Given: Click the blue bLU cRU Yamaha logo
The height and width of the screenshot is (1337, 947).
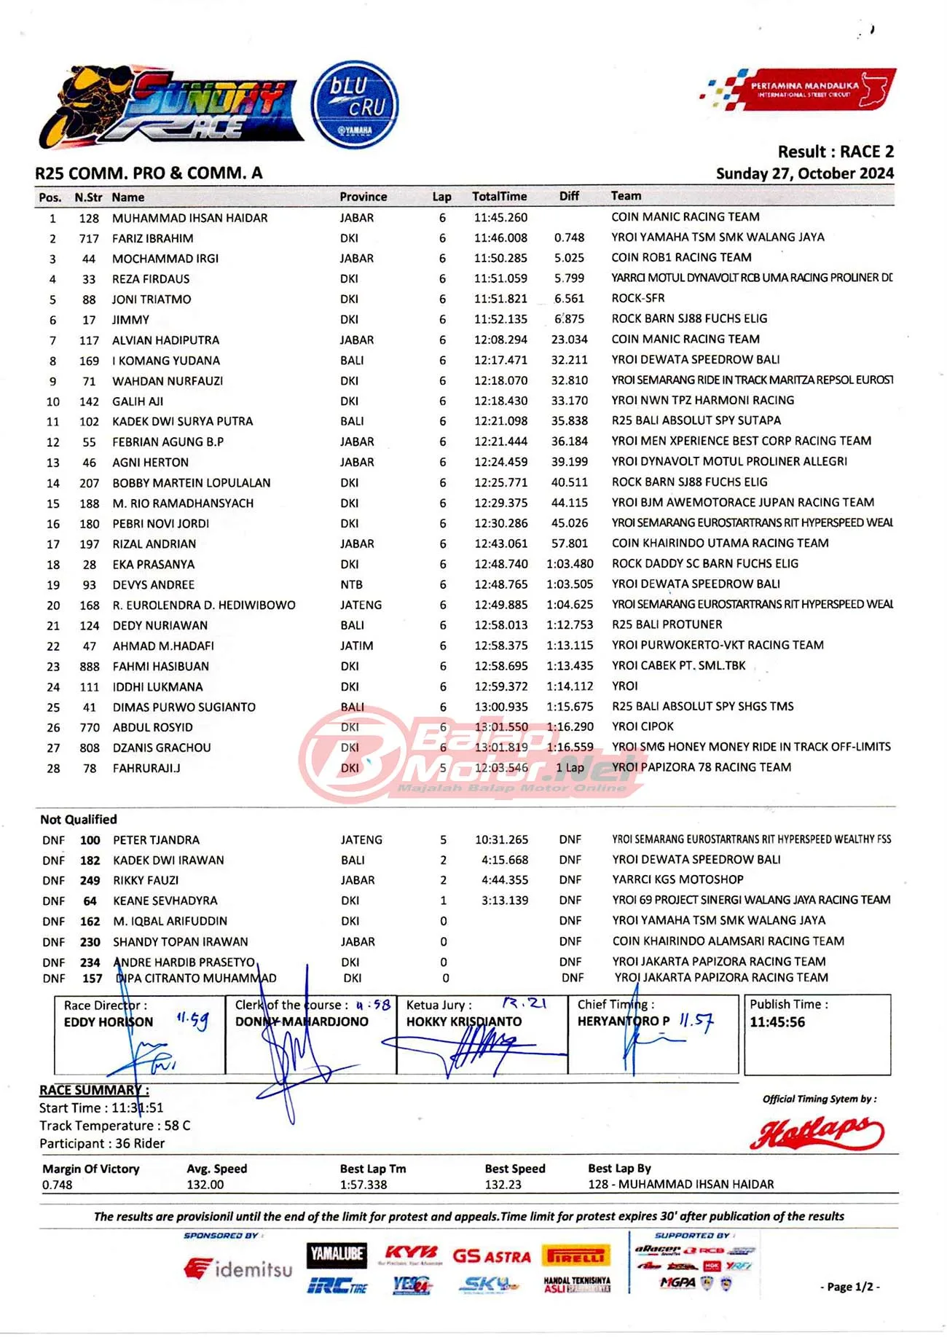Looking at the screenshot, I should (x=355, y=105).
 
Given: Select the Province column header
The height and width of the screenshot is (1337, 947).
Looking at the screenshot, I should (x=363, y=197).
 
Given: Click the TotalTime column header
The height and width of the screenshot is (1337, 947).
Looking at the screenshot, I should (x=499, y=196).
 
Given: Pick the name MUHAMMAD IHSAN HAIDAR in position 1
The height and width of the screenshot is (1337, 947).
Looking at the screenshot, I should (x=189, y=218).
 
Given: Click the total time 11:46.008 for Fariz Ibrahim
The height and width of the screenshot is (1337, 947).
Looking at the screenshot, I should (x=500, y=238).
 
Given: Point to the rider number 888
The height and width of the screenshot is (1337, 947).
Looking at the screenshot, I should (x=90, y=666).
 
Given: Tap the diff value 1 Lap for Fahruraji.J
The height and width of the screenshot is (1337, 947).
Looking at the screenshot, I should (x=570, y=767).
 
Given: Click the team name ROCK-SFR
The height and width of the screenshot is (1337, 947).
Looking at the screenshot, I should (x=637, y=298).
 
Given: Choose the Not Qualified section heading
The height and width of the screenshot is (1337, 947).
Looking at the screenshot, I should (x=79, y=819).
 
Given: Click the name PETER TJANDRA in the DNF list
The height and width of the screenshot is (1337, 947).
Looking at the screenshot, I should (x=156, y=839).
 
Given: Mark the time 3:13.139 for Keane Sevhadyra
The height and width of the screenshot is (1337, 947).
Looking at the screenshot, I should (x=504, y=901).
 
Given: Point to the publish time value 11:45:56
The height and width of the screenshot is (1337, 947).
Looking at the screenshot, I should (x=777, y=1022).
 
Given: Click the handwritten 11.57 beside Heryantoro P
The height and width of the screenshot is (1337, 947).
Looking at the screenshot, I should (x=696, y=1021).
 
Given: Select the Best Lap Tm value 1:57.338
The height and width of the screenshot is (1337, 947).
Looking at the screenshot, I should (x=364, y=1185).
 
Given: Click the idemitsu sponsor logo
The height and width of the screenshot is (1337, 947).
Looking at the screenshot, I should (x=238, y=1269).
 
